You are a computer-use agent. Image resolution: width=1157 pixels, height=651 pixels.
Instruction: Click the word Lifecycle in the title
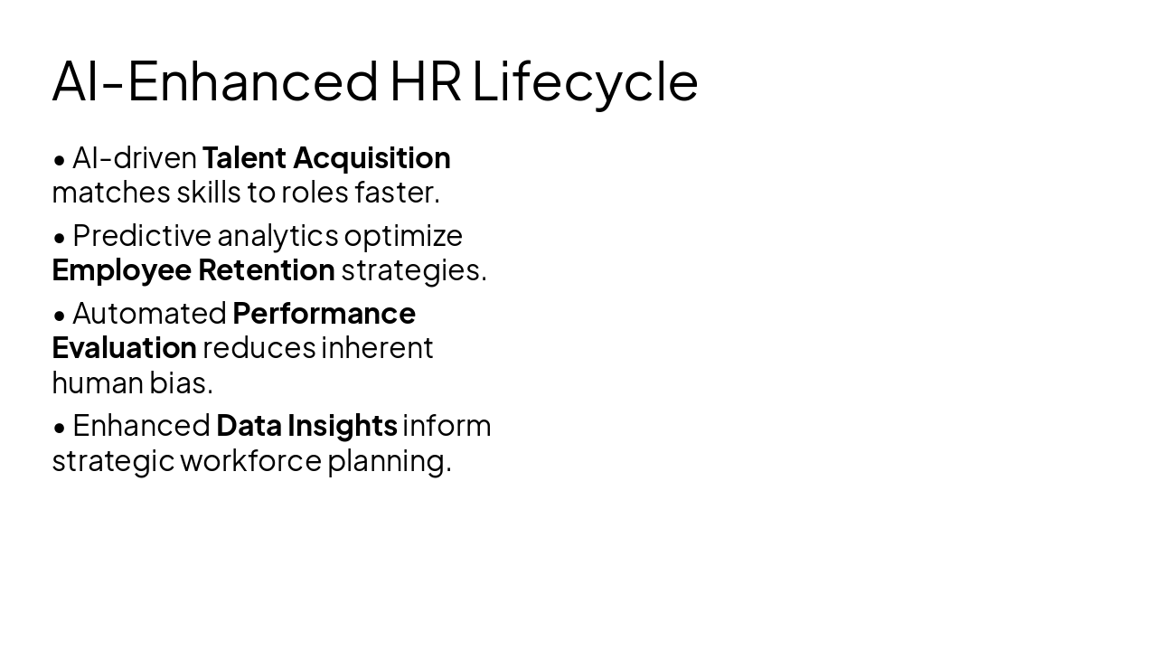[585, 81]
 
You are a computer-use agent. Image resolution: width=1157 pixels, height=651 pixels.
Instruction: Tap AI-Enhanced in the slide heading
[215, 81]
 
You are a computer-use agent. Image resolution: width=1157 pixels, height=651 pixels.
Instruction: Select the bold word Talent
[244, 157]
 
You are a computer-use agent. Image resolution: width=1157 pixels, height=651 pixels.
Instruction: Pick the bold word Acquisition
[372, 157]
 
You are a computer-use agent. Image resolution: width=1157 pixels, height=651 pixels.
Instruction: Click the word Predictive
[142, 235]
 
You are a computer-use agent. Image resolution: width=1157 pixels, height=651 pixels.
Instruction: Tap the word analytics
[277, 235]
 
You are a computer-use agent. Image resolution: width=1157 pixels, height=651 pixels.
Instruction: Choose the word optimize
[403, 235]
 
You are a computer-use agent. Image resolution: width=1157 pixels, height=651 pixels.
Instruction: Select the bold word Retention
[267, 269]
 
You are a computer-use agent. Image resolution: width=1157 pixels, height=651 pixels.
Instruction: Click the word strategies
[413, 269]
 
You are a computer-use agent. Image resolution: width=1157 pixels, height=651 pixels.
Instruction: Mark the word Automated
[149, 313]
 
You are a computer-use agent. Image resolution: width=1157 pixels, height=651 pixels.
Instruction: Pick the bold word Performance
[324, 313]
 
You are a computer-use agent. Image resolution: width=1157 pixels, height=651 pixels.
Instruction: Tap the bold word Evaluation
[124, 347]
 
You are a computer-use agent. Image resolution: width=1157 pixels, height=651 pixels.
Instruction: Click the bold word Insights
[343, 425]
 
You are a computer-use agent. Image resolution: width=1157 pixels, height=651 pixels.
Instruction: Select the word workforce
[250, 460]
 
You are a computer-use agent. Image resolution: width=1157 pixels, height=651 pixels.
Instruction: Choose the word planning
[389, 460]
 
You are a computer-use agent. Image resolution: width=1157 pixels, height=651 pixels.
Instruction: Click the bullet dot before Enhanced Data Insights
[60, 427]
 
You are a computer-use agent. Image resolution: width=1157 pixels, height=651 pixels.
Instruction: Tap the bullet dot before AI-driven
[60, 160]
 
